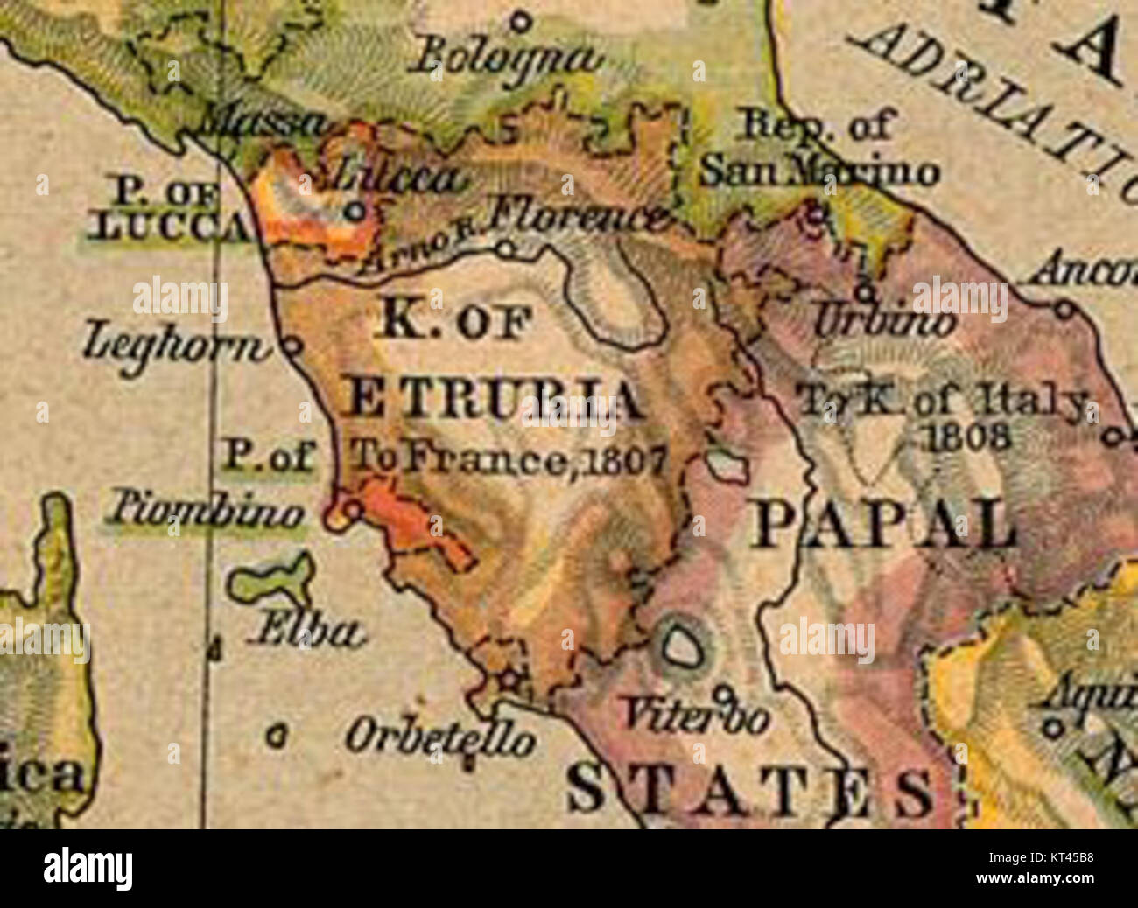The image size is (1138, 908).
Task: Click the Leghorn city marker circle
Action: [292, 346]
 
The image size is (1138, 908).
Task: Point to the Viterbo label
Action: [696, 717]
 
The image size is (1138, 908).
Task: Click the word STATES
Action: [748, 790]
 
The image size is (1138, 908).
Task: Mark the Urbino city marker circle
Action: [865, 290]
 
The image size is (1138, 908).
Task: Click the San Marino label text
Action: [818, 172]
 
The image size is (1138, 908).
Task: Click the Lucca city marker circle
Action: [355, 211]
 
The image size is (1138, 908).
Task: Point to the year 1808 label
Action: [969, 436]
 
